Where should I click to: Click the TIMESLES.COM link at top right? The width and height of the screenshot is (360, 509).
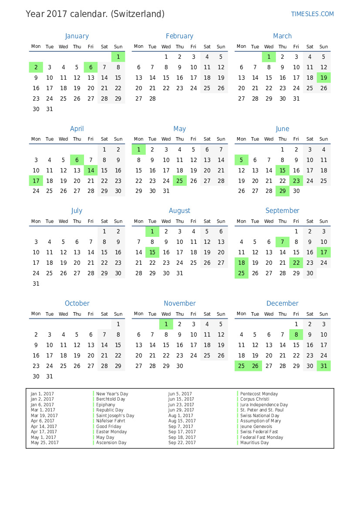pyautogui.click(x=312, y=14)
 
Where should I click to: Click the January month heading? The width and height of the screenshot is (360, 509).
pyautogui.click(x=77, y=36)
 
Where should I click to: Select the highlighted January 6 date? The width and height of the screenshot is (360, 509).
pyautogui.click(x=91, y=67)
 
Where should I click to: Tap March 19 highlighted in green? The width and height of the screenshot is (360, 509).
pyautogui.click(x=323, y=78)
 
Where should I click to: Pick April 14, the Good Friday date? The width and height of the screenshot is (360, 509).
pyautogui.click(x=91, y=170)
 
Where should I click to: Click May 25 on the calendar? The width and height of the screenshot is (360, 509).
pyautogui.click(x=179, y=181)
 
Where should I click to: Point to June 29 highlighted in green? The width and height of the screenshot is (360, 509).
pyautogui.click(x=283, y=191)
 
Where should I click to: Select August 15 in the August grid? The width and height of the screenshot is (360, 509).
pyautogui.click(x=152, y=252)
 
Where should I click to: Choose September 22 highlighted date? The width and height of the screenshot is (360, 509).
pyautogui.click(x=296, y=263)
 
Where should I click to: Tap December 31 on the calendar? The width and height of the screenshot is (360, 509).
pyautogui.click(x=323, y=366)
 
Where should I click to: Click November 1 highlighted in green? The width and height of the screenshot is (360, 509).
pyautogui.click(x=166, y=324)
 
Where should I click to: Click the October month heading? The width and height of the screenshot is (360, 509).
pyautogui.click(x=77, y=303)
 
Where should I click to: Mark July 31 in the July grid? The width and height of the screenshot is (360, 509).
pyautogui.click(x=36, y=283)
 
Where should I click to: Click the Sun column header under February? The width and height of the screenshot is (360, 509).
pyautogui.click(x=221, y=47)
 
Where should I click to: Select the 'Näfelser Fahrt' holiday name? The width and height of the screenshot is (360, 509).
pyautogui.click(x=111, y=421)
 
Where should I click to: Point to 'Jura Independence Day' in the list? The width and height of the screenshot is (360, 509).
pyautogui.click(x=264, y=405)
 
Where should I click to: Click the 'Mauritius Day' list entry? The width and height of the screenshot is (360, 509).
pyautogui.click(x=254, y=442)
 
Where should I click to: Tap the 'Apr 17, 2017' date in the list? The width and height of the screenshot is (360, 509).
pyautogui.click(x=44, y=431)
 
